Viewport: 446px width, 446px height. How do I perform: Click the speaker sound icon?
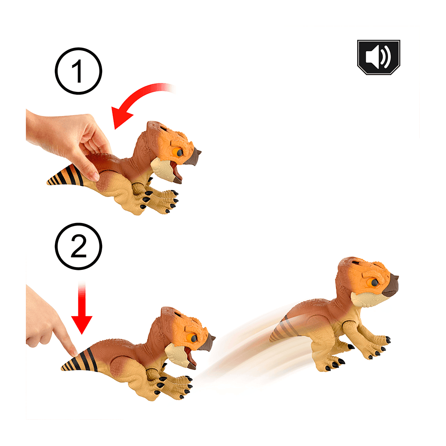pyautogui.click(x=379, y=57)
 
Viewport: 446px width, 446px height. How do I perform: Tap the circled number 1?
pyautogui.click(x=78, y=71)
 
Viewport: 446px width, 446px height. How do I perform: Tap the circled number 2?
pyautogui.click(x=78, y=246)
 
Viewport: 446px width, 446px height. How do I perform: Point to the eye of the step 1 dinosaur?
pyautogui.click(x=179, y=153)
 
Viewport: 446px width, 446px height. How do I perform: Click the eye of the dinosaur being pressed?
pyautogui.click(x=194, y=338)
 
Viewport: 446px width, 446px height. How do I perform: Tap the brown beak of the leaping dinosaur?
pyautogui.click(x=391, y=286)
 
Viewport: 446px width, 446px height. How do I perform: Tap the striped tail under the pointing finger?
pyautogui.click(x=80, y=361)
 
